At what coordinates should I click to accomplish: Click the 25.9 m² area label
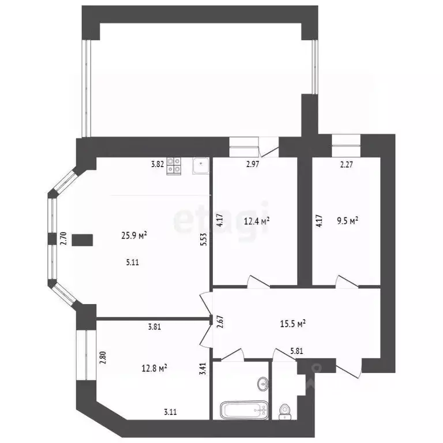134,235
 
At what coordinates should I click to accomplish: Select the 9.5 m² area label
348,220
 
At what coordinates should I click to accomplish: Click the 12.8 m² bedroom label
155,367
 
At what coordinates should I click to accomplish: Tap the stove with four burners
174,166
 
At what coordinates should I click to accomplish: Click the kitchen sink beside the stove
200,166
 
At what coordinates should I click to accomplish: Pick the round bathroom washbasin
263,383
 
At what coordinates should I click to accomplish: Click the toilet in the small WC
284,410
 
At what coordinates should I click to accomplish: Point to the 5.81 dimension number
296,350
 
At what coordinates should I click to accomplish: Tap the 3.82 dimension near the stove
157,164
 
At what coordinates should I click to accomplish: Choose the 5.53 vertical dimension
203,239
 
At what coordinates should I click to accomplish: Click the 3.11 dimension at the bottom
170,412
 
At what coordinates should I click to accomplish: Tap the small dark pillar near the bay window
83,239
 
